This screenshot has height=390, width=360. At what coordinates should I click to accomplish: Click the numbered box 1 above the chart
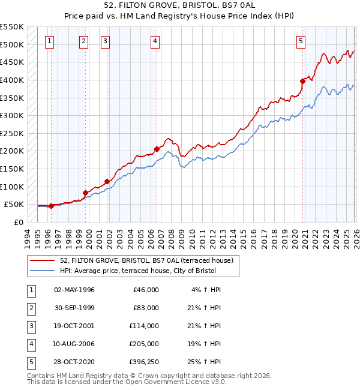pos(49,41)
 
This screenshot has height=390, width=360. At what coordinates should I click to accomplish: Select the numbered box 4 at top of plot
pos(155,41)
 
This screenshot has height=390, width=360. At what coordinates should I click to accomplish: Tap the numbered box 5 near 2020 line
pos(300,41)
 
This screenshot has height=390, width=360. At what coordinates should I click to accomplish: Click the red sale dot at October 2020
pos(303,82)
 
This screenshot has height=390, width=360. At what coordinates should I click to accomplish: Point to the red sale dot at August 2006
pos(157,149)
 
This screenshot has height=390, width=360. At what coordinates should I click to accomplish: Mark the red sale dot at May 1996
pos(51,206)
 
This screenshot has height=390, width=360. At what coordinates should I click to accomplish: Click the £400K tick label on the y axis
pos(12,80)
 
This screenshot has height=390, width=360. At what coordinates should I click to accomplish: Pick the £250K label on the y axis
pos(12,133)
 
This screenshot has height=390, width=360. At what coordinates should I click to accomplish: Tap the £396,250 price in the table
pos(143,361)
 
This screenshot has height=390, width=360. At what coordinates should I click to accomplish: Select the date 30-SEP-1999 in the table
pos(74,307)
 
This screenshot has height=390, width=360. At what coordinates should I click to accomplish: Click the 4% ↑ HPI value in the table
pos(206,289)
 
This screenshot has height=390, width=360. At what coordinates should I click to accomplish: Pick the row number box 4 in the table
pos(30,343)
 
